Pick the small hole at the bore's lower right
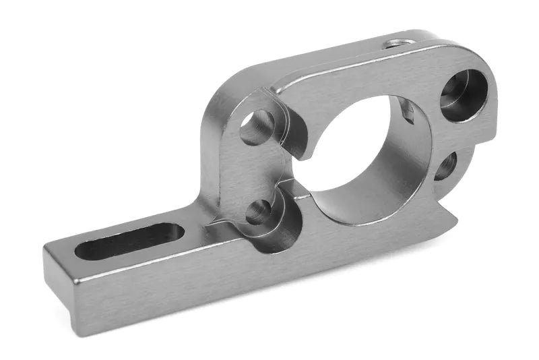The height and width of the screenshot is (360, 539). pos(445,166)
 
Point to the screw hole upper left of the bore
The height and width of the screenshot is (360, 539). pos(257,127)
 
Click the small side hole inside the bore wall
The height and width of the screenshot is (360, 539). pos(407,111)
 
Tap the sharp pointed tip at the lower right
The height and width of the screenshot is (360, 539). pos(457,218)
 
